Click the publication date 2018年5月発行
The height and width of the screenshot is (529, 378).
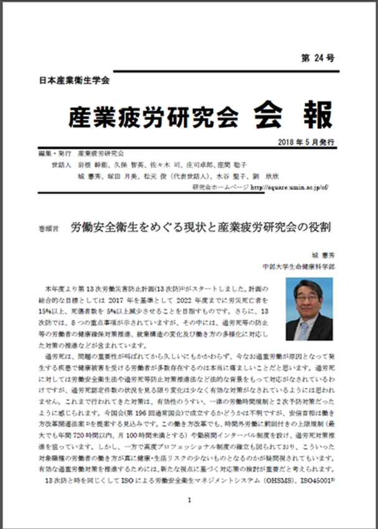(307, 142)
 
